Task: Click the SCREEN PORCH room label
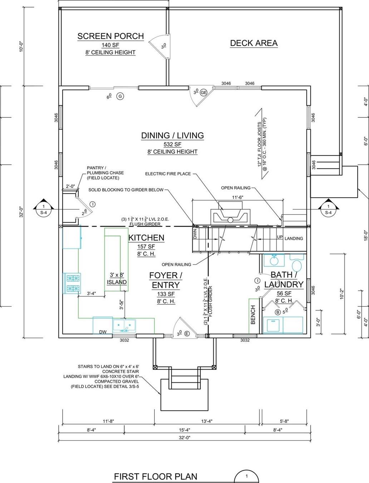[x=111, y=36]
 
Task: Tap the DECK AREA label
[x=253, y=43]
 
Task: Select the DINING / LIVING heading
[x=173, y=135]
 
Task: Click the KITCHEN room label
[x=146, y=238]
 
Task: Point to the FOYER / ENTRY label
[x=165, y=280]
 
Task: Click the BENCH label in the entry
[x=253, y=315]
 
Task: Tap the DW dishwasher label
[x=103, y=332]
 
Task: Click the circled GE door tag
[x=204, y=92]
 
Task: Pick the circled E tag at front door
[x=187, y=334]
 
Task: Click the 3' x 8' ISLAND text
[x=117, y=279]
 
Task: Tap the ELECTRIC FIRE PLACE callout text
[x=168, y=174]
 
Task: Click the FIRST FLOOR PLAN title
[x=155, y=477]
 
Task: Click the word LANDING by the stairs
[x=293, y=238]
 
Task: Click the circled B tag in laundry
[x=277, y=312]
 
